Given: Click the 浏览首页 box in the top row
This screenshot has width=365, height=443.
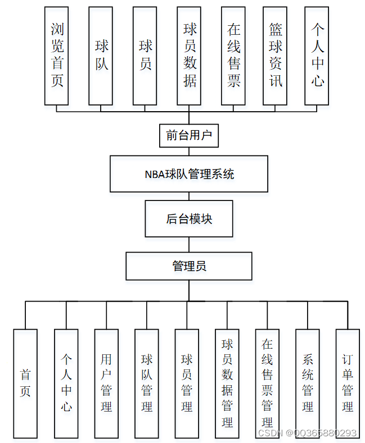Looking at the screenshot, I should coord(57,56).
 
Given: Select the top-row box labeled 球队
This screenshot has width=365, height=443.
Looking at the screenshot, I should coord(101,56).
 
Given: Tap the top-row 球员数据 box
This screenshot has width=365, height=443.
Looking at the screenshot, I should coord(190,56).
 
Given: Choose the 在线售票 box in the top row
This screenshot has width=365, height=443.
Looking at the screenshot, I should coord(233,56).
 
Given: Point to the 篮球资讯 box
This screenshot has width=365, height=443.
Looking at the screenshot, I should coord(275,56).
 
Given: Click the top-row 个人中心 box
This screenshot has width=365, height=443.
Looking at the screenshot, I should coord(317,56).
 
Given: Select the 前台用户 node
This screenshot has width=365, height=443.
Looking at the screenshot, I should coord(188,135).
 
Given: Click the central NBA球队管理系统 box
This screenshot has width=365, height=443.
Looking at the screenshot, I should coord(189,174).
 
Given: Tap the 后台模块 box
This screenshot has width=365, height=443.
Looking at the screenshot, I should coord(189,219).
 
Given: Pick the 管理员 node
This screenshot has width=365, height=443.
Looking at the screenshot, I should coord(189,266).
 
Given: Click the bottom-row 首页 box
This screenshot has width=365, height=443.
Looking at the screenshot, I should coord(25,383).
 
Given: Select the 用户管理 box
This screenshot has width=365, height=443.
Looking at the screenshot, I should coord(106,383).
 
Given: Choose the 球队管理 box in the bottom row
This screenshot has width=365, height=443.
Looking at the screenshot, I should coord(147,383).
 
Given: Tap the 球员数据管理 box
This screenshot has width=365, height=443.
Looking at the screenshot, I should coord(227,383).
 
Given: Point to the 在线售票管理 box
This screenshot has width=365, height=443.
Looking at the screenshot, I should coord(267,383).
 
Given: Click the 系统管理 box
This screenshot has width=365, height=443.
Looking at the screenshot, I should coord(308,383).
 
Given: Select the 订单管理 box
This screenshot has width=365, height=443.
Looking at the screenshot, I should coord(348,383).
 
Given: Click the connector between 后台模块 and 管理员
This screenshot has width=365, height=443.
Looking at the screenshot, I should coord(189,244).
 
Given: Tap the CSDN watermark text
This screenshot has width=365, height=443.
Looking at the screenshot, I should coord(307,433).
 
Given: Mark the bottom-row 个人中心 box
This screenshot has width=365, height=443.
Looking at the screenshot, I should coord(66,383).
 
